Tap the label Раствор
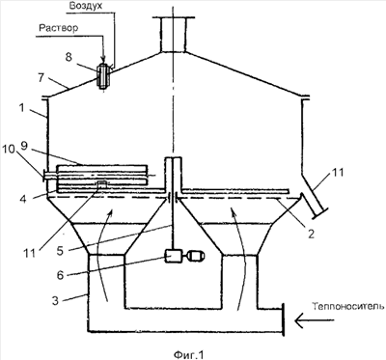[58, 28]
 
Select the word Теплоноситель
[348, 307]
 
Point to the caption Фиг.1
[189, 355]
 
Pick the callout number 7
[41, 78]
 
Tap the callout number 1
[21, 107]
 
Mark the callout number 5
[60, 250]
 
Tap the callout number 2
[311, 234]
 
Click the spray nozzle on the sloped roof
[103, 76]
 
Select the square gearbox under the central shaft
[173, 256]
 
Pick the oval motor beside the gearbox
[196, 257]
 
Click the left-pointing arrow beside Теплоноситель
[314, 320]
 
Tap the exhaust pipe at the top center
[173, 34]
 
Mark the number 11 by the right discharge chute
[337, 173]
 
